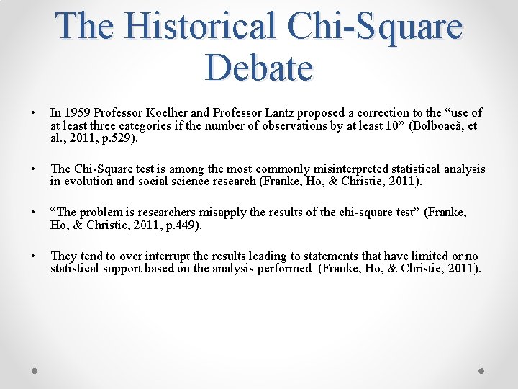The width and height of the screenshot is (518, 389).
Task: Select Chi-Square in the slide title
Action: point(376,27)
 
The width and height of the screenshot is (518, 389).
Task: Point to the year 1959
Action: point(76,112)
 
